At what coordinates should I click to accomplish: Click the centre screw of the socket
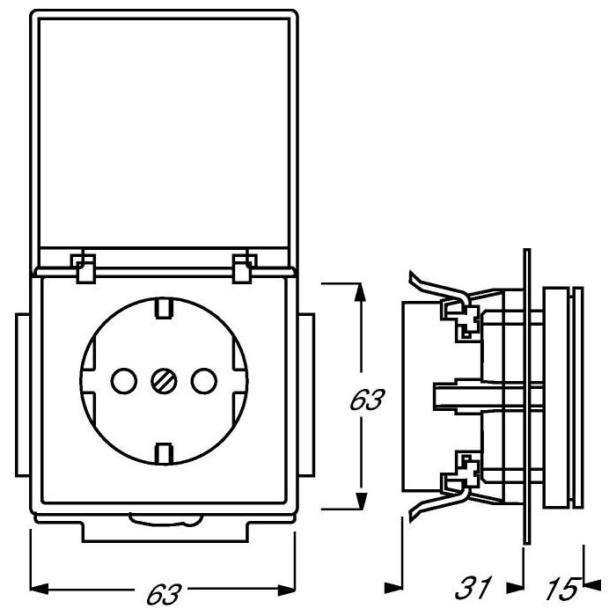(164, 381)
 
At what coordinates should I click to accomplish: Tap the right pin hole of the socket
(203, 381)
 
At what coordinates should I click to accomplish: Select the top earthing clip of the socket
(164, 309)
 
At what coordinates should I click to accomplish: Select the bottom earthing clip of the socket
(164, 453)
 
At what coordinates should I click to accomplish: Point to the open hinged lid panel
(164, 132)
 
